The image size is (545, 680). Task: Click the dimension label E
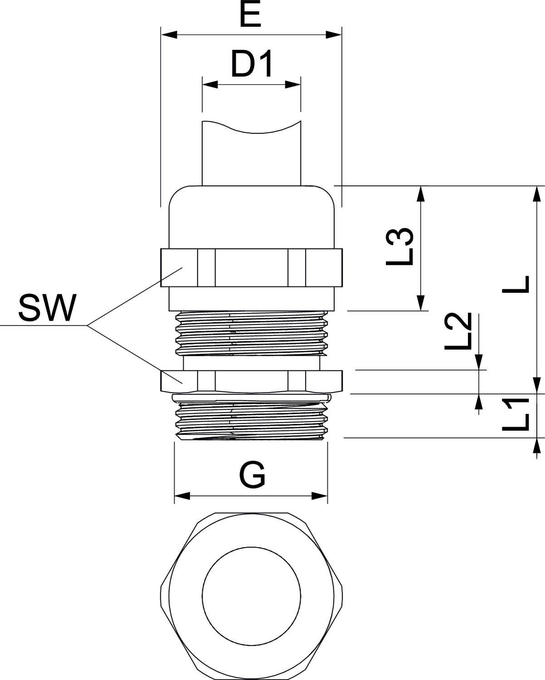[250, 16]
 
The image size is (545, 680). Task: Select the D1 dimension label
[252, 65]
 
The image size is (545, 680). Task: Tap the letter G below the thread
[252, 476]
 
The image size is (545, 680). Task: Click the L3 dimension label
[400, 247]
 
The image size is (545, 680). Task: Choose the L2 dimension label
[458, 331]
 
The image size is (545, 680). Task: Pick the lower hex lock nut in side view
[252, 381]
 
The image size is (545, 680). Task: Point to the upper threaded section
[252, 333]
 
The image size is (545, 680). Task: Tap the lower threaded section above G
[252, 417]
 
